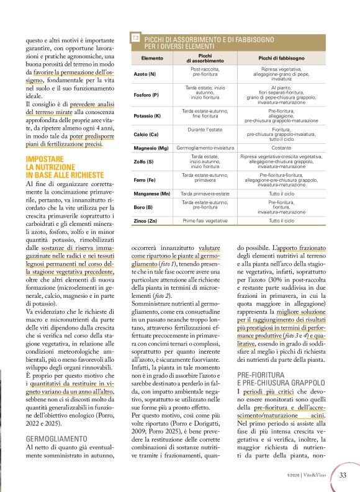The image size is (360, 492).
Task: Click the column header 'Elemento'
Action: click(151, 58)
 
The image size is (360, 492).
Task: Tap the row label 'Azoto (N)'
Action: click(145, 74)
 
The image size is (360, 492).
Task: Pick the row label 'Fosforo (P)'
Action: click(147, 94)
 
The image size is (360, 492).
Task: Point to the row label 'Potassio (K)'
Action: click(148, 116)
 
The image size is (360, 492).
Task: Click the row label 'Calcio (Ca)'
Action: click(147, 134)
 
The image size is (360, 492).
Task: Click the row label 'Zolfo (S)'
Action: click(144, 162)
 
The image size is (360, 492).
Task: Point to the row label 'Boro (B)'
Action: click(143, 207)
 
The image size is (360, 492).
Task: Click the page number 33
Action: click(342, 475)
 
